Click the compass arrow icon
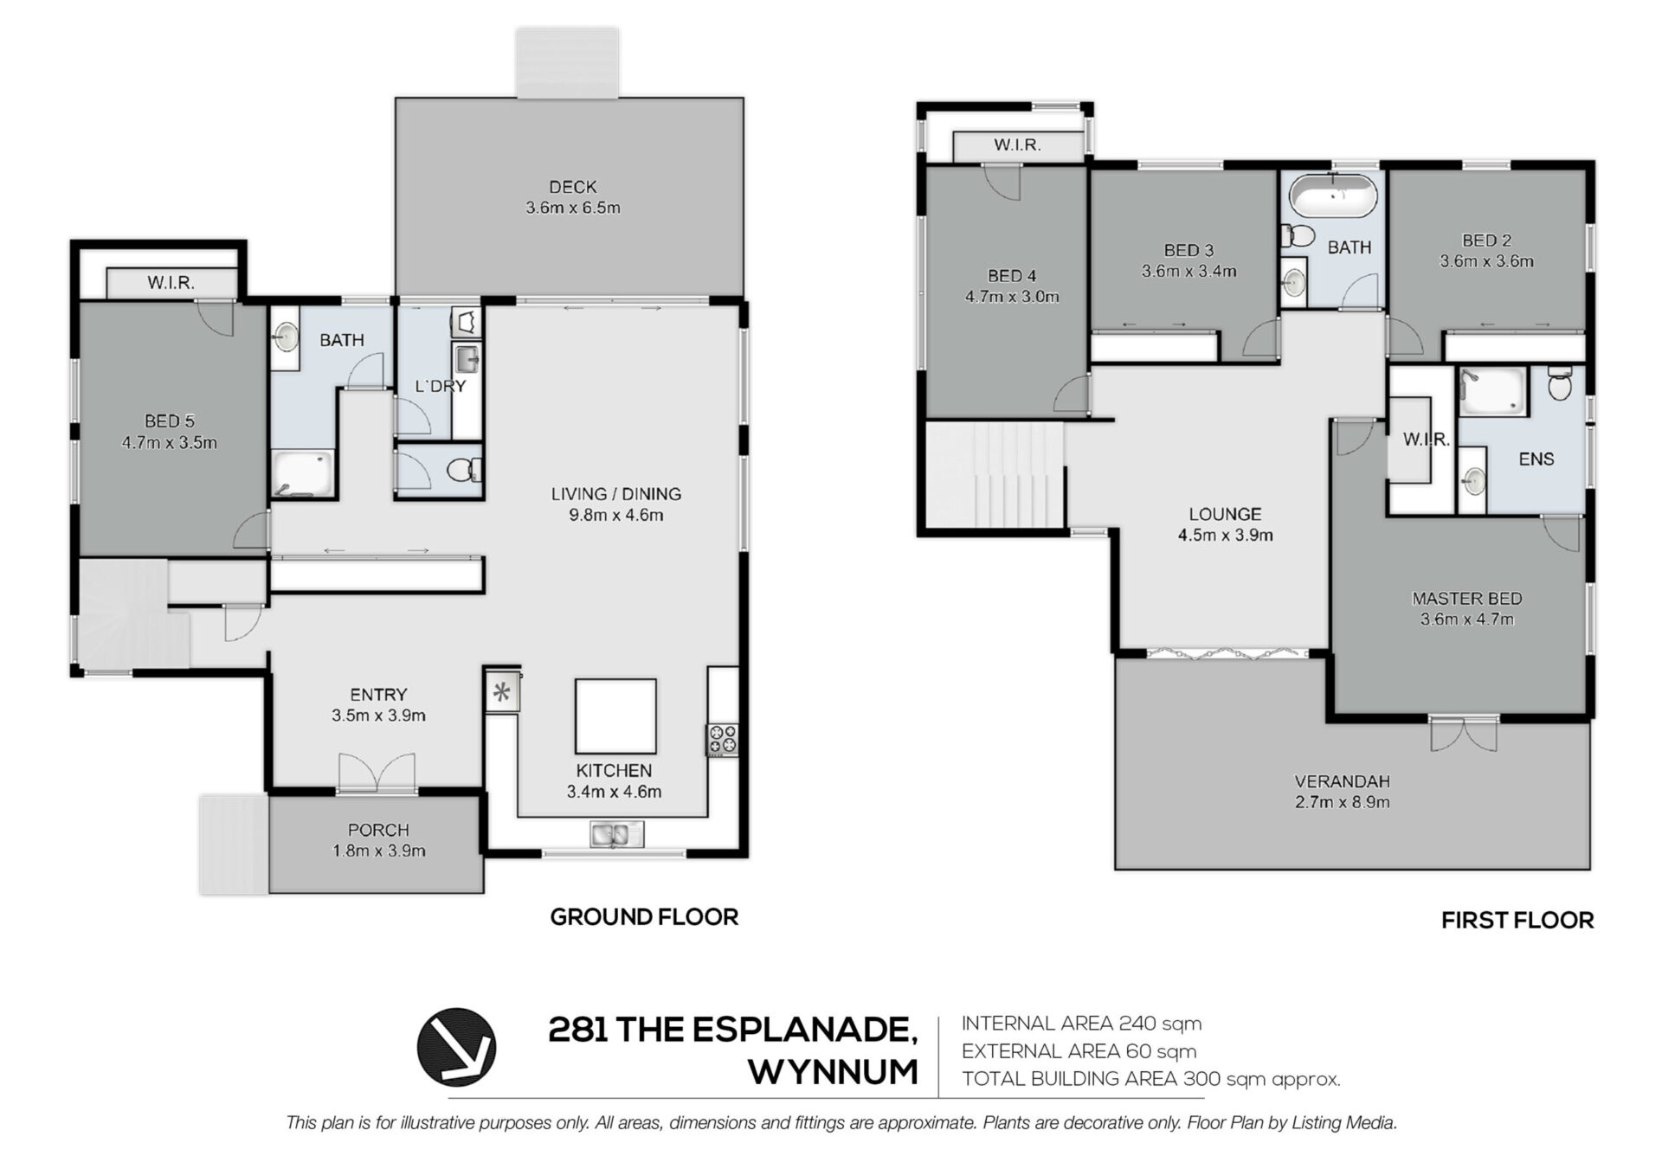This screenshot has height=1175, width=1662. [456, 1046]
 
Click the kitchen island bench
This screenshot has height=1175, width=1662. [615, 716]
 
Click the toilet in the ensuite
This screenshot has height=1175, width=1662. [1560, 382]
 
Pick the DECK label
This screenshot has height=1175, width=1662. [573, 187]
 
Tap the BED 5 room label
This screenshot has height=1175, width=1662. [170, 421]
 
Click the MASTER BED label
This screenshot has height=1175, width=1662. [1467, 599]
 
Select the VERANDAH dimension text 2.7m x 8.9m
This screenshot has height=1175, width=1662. [1343, 802]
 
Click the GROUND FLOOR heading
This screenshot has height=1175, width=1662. [644, 917]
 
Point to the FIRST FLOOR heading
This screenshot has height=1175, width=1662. [1517, 921]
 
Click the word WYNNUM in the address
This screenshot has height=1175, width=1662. [833, 1073]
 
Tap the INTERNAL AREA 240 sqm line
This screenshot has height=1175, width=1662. [1082, 1024]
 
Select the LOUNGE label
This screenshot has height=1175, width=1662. [1225, 514]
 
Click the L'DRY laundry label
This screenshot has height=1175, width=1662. [440, 387]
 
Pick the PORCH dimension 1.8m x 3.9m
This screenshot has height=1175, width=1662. [379, 851]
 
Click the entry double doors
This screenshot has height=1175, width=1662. [377, 773]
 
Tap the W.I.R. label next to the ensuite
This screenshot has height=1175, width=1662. [1427, 440]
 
